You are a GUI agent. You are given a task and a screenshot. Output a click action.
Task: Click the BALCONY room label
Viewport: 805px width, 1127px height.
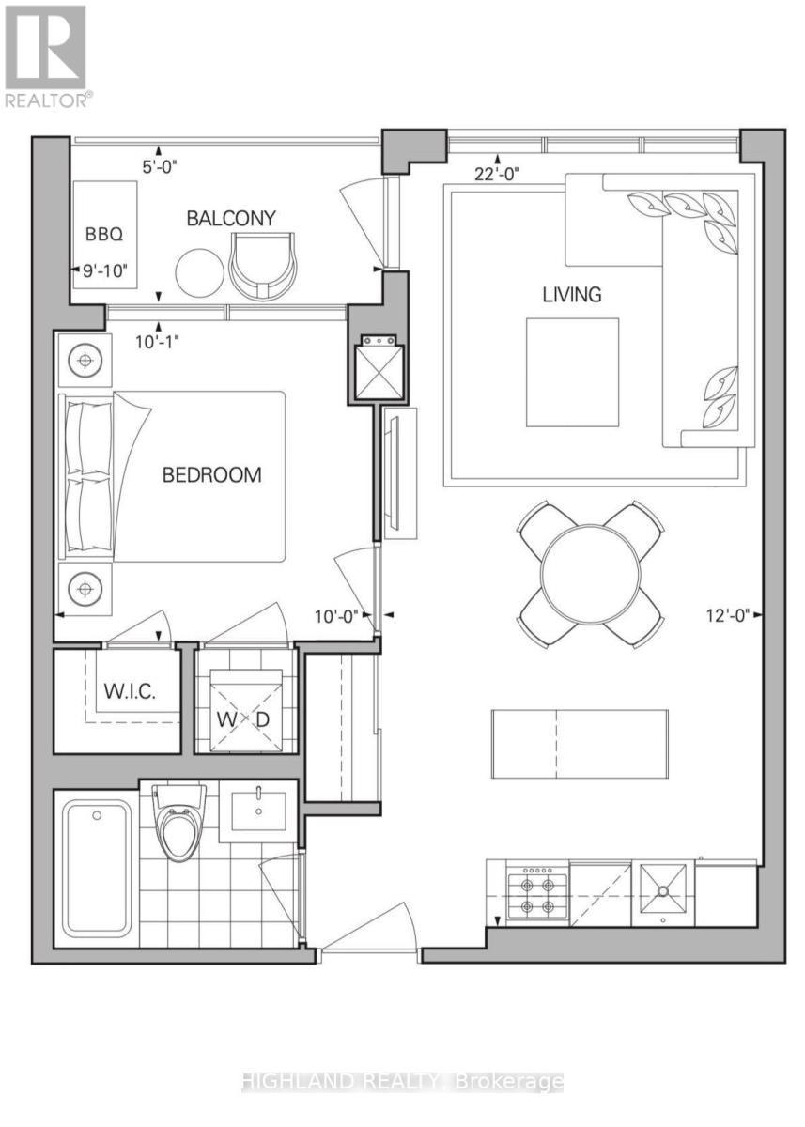tap(231, 218)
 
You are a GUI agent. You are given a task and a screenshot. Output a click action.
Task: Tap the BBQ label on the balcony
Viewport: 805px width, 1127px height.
tap(104, 235)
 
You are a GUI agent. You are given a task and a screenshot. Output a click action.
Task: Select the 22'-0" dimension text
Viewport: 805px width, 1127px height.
tap(497, 174)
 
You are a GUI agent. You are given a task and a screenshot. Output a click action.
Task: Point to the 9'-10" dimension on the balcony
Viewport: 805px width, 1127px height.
tap(105, 270)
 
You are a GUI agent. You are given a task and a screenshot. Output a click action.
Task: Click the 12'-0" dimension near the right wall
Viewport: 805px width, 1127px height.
tap(728, 615)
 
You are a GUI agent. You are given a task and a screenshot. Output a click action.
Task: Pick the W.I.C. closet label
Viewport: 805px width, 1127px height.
tap(130, 691)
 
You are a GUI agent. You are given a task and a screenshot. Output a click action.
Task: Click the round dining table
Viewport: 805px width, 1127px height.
tap(591, 574)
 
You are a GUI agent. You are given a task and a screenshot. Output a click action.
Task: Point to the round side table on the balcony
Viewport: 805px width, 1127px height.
tap(199, 273)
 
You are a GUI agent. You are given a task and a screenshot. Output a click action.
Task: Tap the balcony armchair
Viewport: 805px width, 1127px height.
tap(262, 265)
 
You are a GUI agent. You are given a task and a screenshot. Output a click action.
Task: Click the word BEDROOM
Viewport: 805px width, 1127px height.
tap(211, 475)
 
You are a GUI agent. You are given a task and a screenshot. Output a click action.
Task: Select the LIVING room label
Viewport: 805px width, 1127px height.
tap(571, 294)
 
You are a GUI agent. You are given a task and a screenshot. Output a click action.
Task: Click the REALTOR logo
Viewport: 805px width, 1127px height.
tap(48, 56)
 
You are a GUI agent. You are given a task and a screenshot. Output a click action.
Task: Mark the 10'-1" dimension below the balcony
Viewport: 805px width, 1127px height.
tap(157, 342)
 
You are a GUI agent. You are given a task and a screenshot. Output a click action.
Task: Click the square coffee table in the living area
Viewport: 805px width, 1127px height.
tap(573, 372)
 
